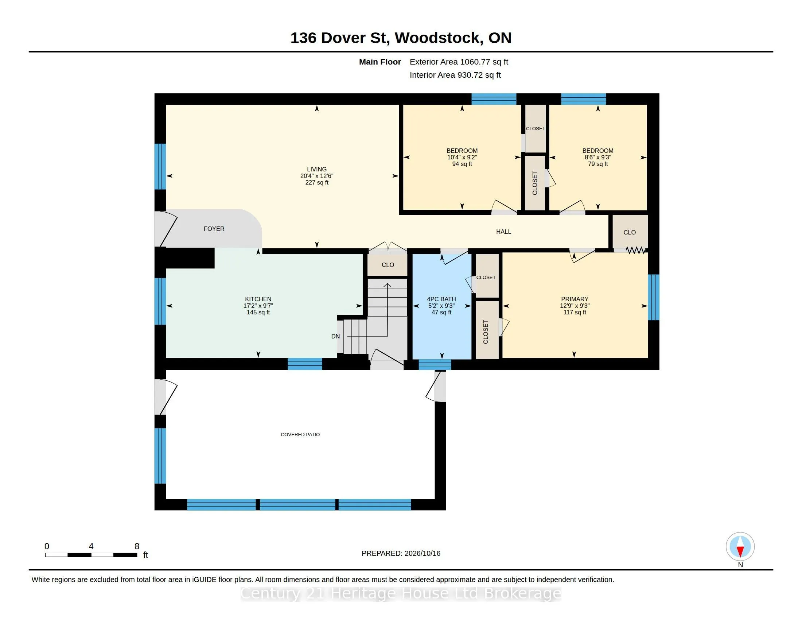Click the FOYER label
tap(214, 229)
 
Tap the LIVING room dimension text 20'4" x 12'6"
tap(316, 176)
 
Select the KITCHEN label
tap(258, 299)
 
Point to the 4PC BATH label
tap(441, 299)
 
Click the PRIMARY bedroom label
tap(575, 299)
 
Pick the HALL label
tap(503, 232)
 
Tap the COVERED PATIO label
tap(300, 434)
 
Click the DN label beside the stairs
tap(335, 337)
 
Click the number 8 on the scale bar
tap(137, 546)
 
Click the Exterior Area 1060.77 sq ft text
tap(459, 62)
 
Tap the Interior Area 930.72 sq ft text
tap(455, 75)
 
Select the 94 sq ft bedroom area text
tap(462, 164)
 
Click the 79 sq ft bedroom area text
tap(598, 164)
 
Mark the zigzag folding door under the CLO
tap(636, 251)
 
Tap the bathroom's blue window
tap(435, 364)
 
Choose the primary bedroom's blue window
tap(653, 298)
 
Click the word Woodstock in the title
tap(439, 38)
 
